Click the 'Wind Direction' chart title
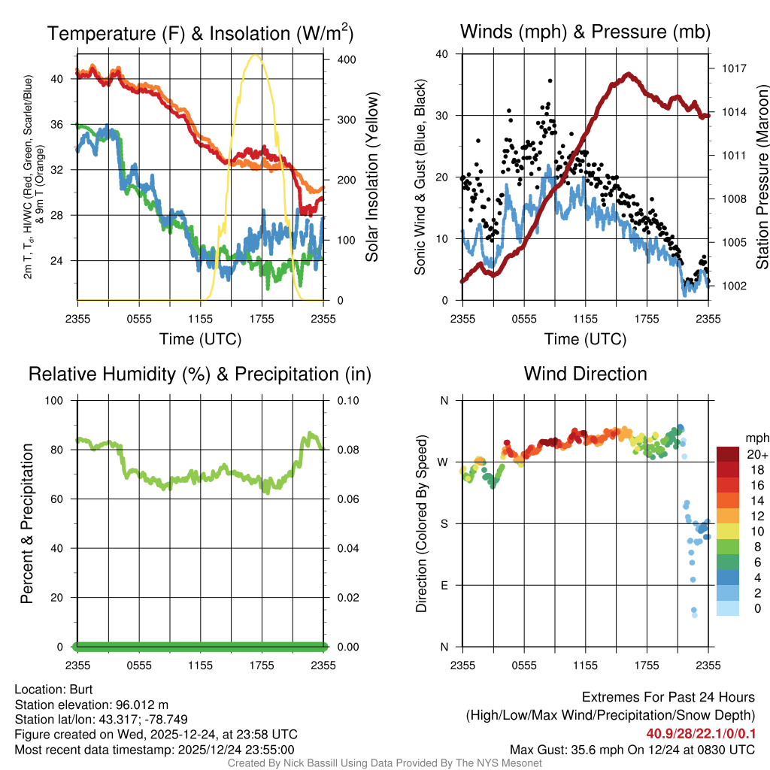click(x=585, y=374)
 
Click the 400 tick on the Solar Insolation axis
click(x=339, y=59)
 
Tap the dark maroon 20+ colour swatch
click(x=728, y=454)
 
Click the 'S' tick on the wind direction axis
click(x=444, y=523)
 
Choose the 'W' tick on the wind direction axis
click(x=444, y=462)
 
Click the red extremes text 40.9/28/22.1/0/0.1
click(x=701, y=733)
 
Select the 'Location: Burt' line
click(x=53, y=689)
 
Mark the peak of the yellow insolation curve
click(x=256, y=55)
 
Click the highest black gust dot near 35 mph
click(x=550, y=80)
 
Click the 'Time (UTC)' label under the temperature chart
click(x=200, y=339)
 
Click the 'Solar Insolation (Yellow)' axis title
click(x=372, y=177)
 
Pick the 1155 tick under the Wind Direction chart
click(x=585, y=665)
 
